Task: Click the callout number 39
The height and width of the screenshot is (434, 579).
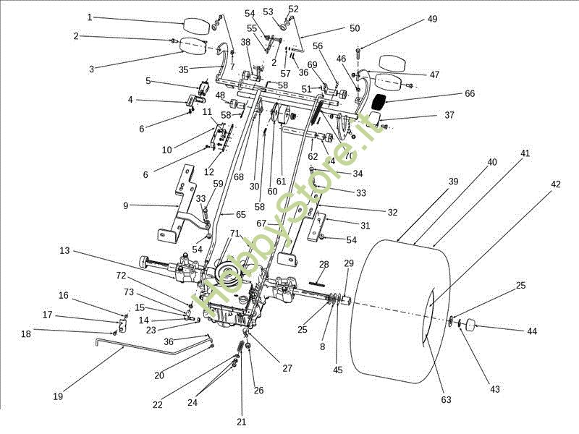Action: click(454, 181)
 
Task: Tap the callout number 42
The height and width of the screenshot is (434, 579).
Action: click(556, 184)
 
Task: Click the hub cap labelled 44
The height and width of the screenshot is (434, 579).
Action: click(473, 325)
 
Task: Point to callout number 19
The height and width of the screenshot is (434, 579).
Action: click(58, 396)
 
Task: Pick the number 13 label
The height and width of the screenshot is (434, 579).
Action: click(64, 250)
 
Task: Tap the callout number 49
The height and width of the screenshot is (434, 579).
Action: click(432, 20)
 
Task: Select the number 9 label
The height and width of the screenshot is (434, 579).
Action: click(126, 205)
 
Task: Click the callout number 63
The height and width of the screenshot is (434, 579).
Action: click(446, 399)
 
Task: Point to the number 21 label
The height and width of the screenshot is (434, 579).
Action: click(242, 421)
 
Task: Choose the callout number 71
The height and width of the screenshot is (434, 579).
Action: click(234, 233)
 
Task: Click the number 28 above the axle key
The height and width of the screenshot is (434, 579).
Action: click(324, 264)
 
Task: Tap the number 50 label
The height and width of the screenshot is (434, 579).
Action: click(354, 28)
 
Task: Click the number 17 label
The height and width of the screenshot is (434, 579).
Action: click(48, 315)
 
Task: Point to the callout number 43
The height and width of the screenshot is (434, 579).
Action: click(495, 389)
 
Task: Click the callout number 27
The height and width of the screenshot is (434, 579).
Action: click(287, 368)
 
